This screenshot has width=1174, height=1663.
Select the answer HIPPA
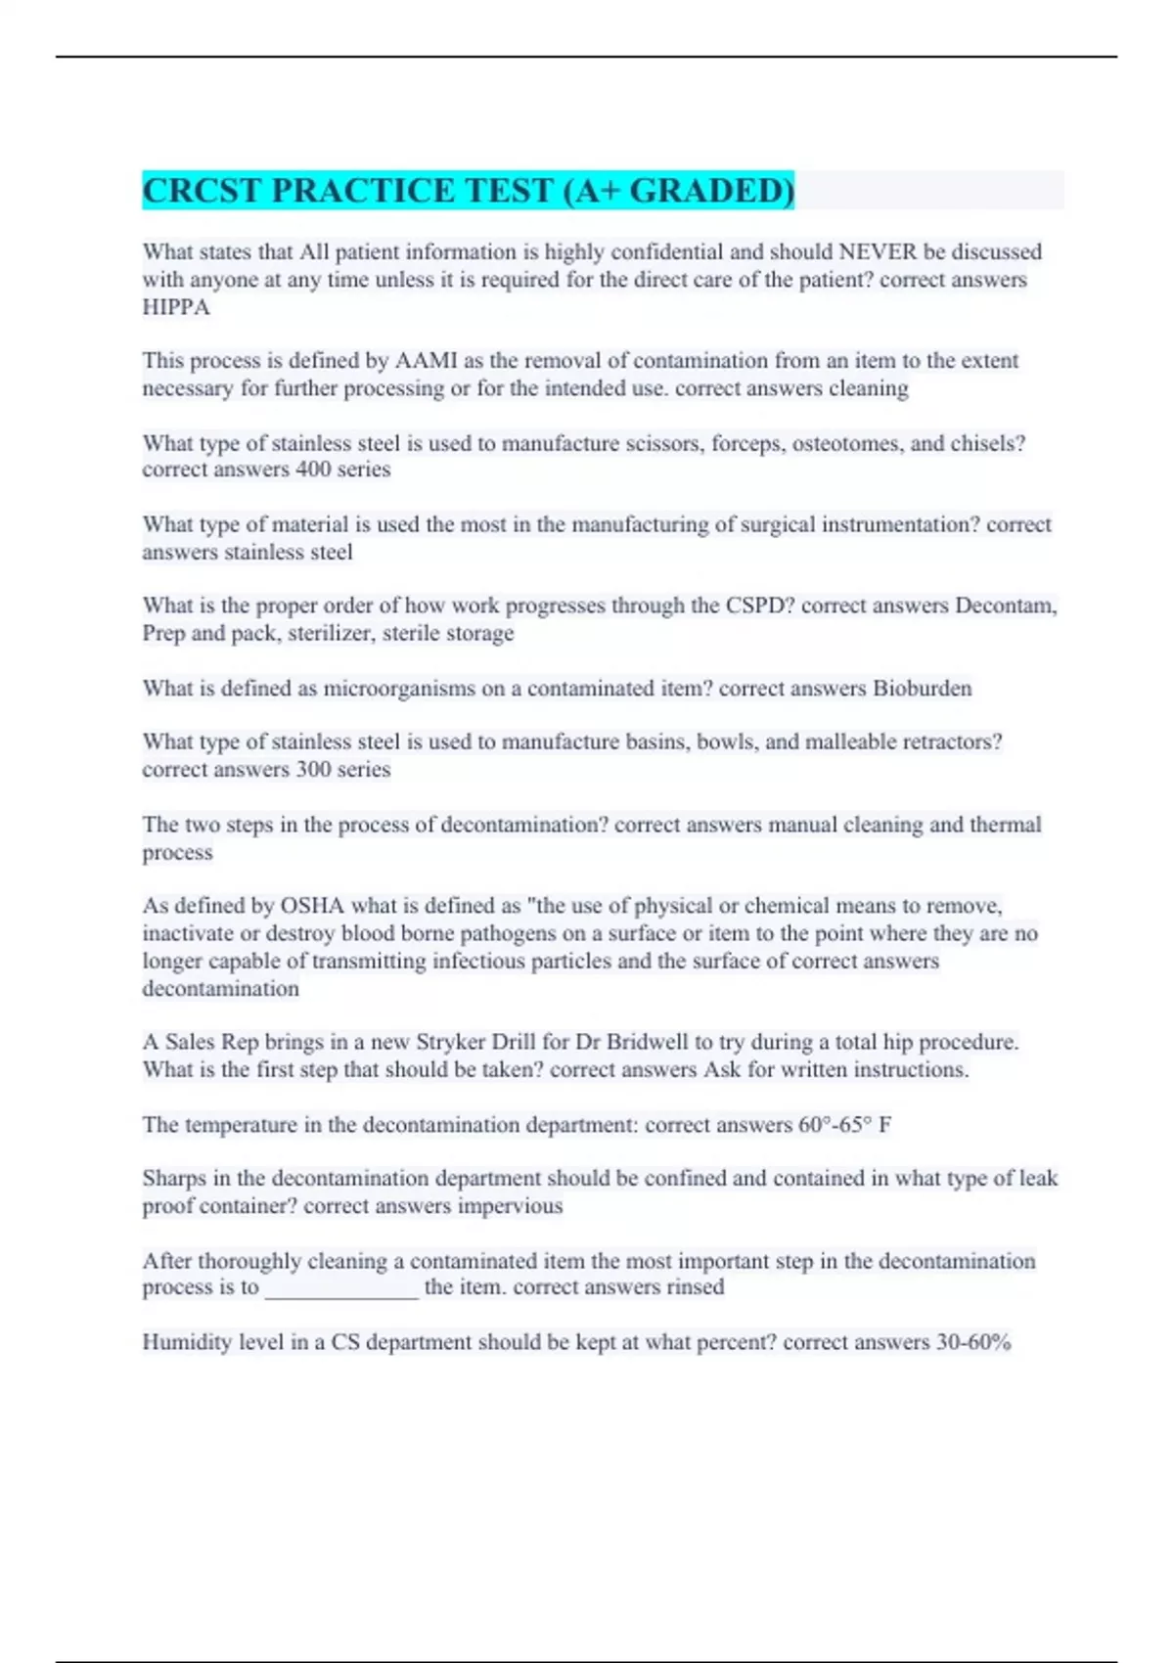click(176, 307)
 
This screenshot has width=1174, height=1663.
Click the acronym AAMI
click(426, 360)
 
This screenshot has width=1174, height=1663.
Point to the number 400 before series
click(313, 470)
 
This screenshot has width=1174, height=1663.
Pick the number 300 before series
click(313, 770)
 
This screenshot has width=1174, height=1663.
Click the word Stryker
click(450, 1042)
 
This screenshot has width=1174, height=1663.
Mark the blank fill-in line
click(341, 1289)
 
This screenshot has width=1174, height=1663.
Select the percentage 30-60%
click(973, 1342)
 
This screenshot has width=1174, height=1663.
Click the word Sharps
click(172, 1179)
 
